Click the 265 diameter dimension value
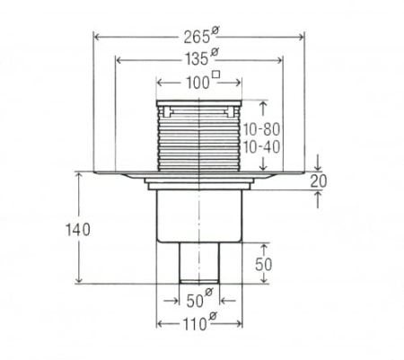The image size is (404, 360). [197, 38]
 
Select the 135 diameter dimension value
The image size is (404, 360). [197, 59]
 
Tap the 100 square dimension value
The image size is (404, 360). [198, 83]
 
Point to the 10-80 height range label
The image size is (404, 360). [261, 129]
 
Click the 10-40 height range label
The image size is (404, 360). [261, 147]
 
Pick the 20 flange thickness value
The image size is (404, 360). [319, 181]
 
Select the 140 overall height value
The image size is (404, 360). [78, 230]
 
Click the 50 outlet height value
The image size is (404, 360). [264, 264]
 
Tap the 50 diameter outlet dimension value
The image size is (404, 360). [195, 301]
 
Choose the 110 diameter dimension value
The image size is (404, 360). [195, 323]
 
